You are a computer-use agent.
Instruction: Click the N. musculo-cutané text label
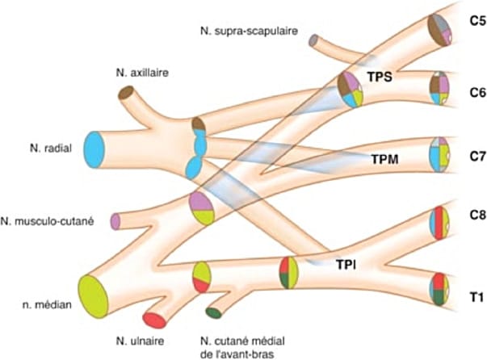pyautogui.click(x=52, y=220)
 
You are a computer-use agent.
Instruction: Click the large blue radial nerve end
pyautogui.click(x=95, y=150)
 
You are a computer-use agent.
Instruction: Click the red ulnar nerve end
pyautogui.click(x=154, y=320)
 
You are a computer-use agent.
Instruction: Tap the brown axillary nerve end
pyautogui.click(x=126, y=93)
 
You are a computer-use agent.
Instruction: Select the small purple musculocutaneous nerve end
pyautogui.click(x=115, y=220)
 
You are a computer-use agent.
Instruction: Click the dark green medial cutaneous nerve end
pyautogui.click(x=214, y=312)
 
